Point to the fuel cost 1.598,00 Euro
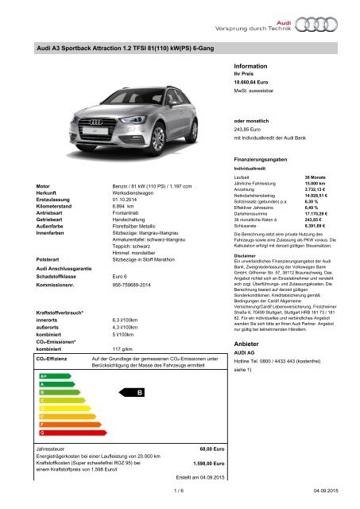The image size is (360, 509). (198, 461)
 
